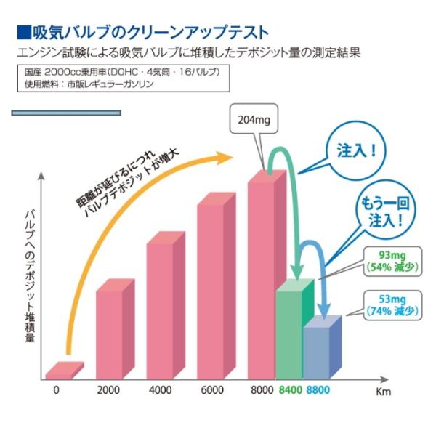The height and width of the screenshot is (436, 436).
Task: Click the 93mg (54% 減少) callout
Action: (392, 259)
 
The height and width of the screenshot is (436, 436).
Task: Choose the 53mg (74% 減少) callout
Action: (392, 304)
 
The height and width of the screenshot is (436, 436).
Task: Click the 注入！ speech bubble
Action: (357, 151)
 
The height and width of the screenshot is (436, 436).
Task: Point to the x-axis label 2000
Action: (108, 390)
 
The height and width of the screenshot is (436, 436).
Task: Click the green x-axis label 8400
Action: (290, 390)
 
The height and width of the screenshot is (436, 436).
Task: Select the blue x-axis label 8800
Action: (317, 390)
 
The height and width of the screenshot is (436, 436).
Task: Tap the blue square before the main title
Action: (23, 33)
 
